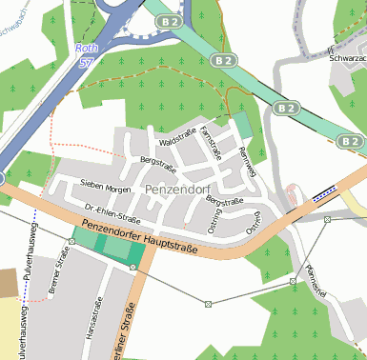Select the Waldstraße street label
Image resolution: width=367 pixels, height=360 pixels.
[x=177, y=142]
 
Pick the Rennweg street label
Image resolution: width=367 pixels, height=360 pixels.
[x=249, y=162]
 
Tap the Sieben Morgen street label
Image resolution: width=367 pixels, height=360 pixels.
[x=105, y=188]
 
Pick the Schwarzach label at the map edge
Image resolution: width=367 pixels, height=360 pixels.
[x=347, y=57]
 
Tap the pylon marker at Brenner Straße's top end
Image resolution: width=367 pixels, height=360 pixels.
[x=71, y=242]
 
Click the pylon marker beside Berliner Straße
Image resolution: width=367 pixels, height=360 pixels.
[x=133, y=268]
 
